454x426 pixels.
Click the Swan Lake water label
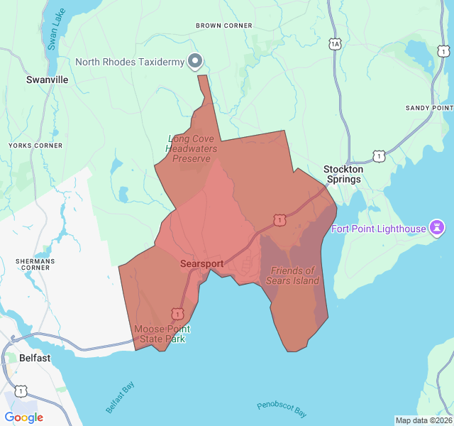point(54,32)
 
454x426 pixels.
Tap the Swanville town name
point(47,80)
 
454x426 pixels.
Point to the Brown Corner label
point(224,26)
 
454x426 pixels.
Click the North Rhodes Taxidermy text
point(130,62)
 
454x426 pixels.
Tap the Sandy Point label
point(429,108)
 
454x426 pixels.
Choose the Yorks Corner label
point(35,146)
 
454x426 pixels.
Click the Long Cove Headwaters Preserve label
point(192,148)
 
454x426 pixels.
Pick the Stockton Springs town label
point(343,174)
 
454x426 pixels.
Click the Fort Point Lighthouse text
point(379,229)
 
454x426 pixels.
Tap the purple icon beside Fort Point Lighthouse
point(438,228)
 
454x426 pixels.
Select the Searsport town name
point(201,264)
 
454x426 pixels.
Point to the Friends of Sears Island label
point(292,275)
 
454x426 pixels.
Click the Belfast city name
point(35,358)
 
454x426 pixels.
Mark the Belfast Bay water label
point(119,397)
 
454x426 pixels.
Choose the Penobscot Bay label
point(282,409)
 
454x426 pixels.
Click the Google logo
point(24,417)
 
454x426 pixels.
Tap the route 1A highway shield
point(336,44)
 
